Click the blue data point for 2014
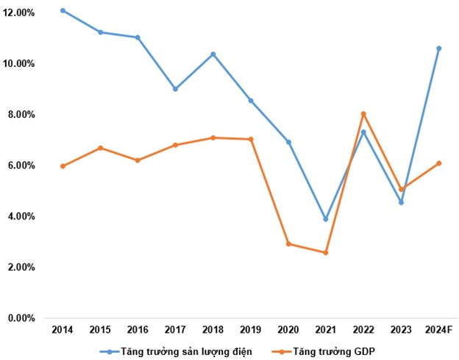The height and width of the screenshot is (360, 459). [63, 11]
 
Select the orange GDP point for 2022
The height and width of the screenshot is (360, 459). [363, 114]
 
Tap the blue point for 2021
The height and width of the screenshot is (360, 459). [326, 219]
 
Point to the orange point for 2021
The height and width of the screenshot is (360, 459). [326, 253]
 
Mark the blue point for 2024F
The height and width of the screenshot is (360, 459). [439, 49]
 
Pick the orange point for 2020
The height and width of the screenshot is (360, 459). [288, 244]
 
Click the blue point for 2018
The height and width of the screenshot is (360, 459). [213, 54]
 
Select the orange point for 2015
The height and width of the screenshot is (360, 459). [100, 148]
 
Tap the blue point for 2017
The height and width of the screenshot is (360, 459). [175, 89]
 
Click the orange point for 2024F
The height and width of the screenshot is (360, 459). [439, 163]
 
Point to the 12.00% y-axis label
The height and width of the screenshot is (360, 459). [18, 13]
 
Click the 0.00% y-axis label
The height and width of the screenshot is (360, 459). [21, 318]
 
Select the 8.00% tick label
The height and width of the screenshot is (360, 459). [21, 115]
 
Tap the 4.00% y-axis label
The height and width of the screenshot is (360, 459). [21, 216]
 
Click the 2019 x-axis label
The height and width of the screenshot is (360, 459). [251, 330]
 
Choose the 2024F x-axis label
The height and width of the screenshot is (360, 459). [439, 330]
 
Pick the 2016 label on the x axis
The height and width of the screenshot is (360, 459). [138, 330]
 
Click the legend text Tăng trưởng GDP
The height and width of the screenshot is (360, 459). [334, 351]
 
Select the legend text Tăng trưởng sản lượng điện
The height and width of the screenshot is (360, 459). [187, 351]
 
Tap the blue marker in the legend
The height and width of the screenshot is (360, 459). [110, 351]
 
